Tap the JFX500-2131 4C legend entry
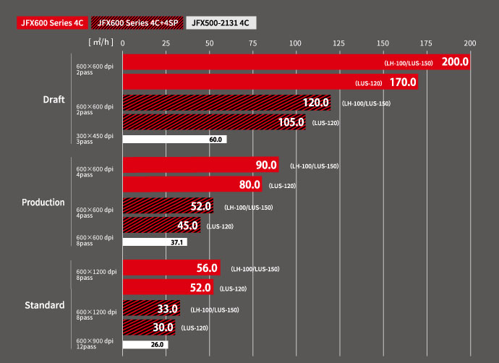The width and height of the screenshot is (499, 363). pos(221,22)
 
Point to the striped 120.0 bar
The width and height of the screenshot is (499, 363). pos(226,103)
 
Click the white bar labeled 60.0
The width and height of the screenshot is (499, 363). pos(174,139)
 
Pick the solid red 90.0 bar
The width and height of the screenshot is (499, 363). pos(200,166)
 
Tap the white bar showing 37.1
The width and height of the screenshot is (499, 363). pos(155,242)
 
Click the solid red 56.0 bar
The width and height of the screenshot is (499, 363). pos(171,268)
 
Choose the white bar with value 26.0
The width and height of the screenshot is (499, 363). pos(145,345)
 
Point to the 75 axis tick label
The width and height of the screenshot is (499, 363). pos(253,43)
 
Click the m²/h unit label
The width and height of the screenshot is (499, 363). pos(98,43)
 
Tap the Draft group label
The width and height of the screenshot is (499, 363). pos(55,99)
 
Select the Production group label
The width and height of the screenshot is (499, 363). pos(43,202)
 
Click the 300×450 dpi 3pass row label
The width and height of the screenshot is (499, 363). pos(95,139)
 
